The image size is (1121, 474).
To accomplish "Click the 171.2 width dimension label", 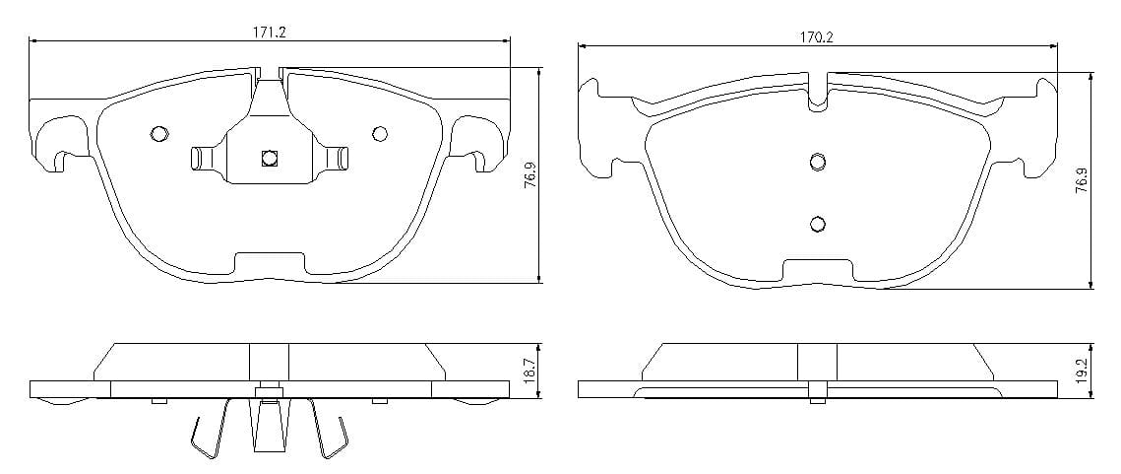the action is coord(269,33).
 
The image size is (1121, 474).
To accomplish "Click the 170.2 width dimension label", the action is coord(817,38).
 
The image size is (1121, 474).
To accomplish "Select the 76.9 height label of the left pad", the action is coord(529,174).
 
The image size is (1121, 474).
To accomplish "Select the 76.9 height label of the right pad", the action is coord(1082,181).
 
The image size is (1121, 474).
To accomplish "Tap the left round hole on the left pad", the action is coord(158,133).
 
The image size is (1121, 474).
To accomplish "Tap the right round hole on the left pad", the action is coord(380,133).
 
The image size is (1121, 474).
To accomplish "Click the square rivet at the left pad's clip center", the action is coord(269,158).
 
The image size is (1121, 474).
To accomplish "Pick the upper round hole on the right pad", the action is coord(818,162).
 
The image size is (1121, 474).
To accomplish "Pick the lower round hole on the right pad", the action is coord(818,224).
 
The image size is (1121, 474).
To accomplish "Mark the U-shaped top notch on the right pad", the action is coord(818,92).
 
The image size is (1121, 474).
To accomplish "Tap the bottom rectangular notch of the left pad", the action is coord(270,263).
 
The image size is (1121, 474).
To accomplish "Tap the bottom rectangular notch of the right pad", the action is coord(818,270).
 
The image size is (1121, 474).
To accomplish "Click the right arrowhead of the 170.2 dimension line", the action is coord(1052,47).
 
